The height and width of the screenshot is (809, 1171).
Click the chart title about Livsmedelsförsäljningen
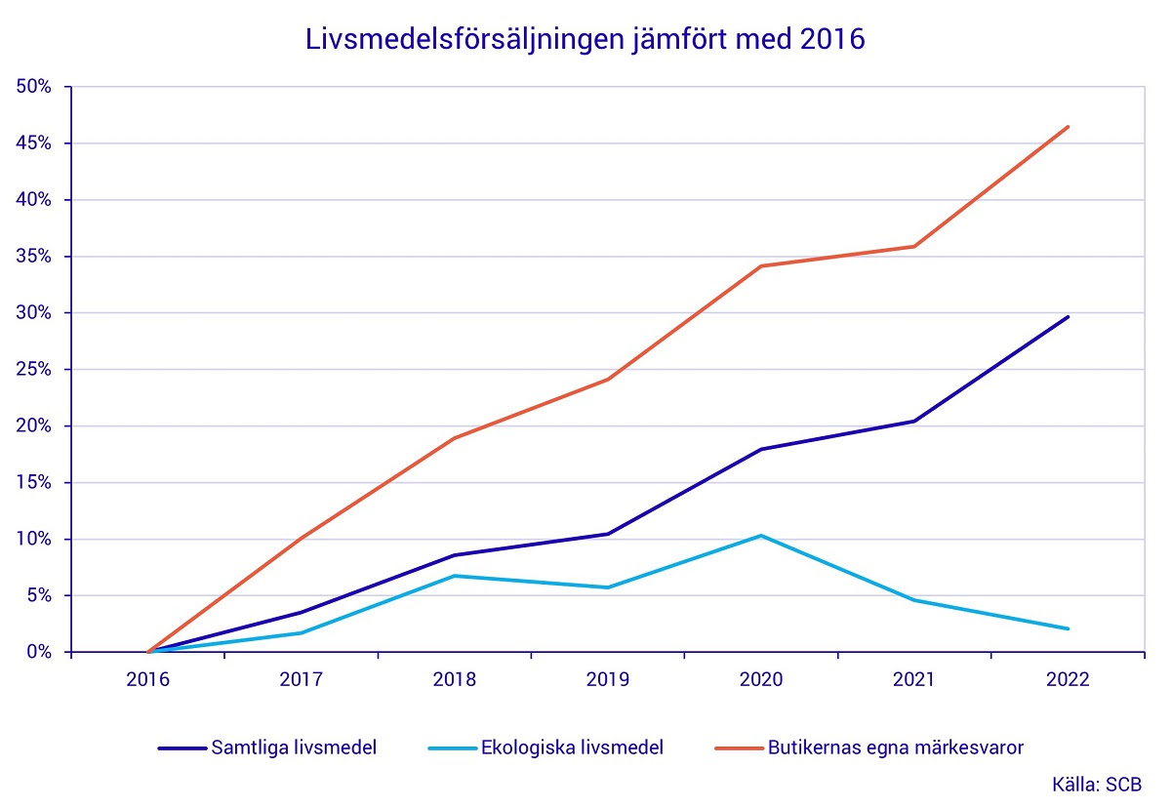click(585, 40)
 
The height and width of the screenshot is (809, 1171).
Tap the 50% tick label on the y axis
click(35, 87)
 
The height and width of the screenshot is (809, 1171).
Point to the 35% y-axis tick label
click(35, 257)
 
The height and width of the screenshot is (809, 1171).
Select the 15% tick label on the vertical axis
click(35, 483)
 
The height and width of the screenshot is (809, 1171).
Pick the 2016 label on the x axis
click(147, 680)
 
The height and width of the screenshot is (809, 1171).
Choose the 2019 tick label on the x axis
click(607, 680)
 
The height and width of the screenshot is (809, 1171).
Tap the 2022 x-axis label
click(1068, 680)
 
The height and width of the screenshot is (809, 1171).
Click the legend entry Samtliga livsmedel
click(293, 748)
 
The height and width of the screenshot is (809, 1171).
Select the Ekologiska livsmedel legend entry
click(571, 748)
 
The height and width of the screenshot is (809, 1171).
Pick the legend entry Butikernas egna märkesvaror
click(896, 748)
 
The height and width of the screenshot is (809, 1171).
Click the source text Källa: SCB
click(1095, 784)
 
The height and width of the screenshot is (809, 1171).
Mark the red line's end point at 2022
click(1068, 127)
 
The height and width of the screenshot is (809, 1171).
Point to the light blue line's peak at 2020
click(760, 536)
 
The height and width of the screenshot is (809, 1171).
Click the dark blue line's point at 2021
click(914, 421)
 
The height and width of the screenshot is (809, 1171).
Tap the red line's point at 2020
click(760, 266)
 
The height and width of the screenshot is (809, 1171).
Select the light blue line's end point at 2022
click(1068, 628)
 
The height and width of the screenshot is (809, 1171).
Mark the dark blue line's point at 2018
click(454, 555)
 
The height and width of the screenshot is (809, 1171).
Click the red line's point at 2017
click(301, 538)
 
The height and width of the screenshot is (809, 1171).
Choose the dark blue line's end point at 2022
click(1068, 317)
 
